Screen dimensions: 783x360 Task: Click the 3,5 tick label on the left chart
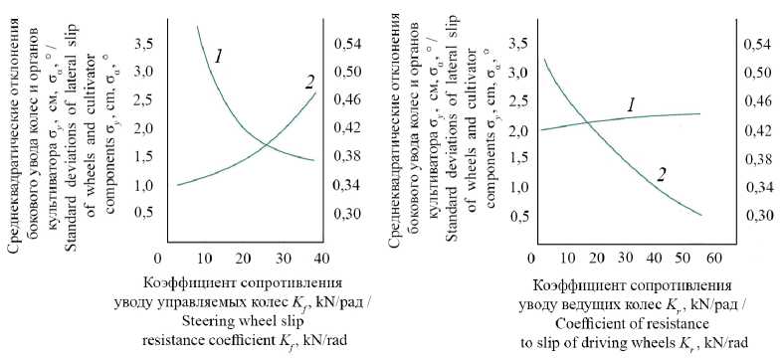[x=144, y=45]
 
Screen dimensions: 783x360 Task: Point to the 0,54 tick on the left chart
[x=346, y=45]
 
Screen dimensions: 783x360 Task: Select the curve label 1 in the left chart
[x=218, y=57]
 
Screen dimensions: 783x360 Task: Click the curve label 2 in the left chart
[x=310, y=82]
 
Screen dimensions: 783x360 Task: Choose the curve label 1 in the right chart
[x=631, y=104]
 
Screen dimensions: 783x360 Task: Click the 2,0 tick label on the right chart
[x=517, y=131]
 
